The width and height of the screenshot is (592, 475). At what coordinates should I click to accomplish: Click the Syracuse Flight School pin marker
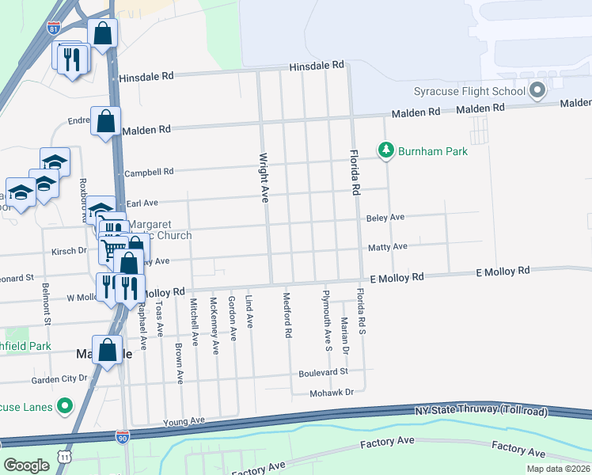[x=537, y=91]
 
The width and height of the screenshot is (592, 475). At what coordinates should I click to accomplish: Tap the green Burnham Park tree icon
[x=385, y=150]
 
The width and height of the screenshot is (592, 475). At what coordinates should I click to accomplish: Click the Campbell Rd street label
[x=149, y=172]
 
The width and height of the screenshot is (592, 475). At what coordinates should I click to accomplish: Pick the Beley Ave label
[x=385, y=217]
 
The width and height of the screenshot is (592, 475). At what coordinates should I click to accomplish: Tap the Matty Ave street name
[x=387, y=247]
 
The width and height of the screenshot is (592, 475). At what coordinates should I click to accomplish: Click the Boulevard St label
[x=323, y=372]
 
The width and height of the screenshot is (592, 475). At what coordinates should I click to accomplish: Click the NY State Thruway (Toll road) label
[x=469, y=410]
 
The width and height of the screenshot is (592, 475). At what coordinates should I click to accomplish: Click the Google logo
[x=26, y=465]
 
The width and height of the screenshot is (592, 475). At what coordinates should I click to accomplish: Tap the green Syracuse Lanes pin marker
[x=65, y=407]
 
